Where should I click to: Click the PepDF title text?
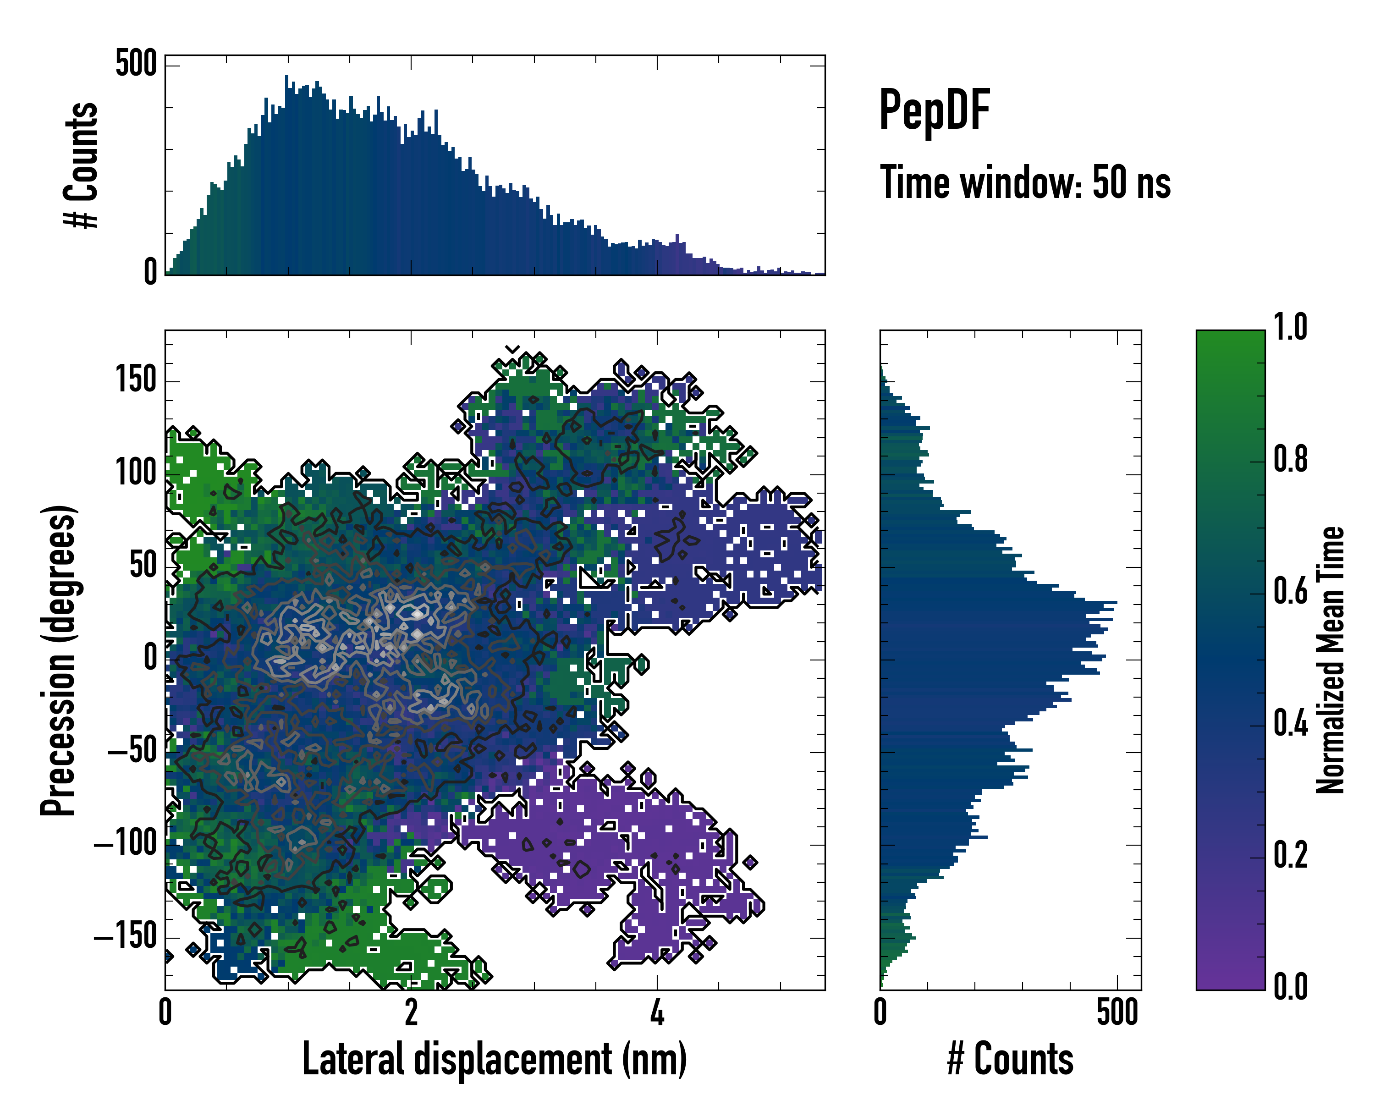point(934,110)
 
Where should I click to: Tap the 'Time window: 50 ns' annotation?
point(1025,182)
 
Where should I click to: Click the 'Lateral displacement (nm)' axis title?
point(494,1059)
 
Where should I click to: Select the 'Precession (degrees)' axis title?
point(59,660)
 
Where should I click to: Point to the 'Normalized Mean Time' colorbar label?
point(1331,660)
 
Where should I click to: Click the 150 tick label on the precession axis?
point(136,381)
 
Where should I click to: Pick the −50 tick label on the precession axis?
point(132,751)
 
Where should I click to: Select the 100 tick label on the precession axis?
point(136,473)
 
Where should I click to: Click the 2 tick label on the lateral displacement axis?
point(411,1012)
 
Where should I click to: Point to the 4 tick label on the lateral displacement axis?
point(657,1012)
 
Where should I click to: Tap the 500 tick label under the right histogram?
point(1117,1012)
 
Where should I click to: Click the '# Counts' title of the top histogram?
point(82,165)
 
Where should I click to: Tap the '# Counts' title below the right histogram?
point(1010,1059)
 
